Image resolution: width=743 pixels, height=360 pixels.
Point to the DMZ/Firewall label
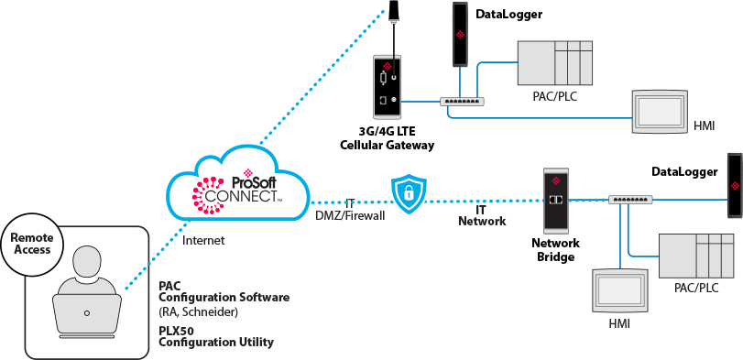pyautogui.click(x=351, y=214)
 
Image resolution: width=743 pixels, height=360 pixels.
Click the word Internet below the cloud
pyautogui.click(x=203, y=241)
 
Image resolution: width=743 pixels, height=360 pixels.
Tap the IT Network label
pyautogui.click(x=481, y=215)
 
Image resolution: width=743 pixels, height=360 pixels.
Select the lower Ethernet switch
pyautogui.click(x=631, y=199)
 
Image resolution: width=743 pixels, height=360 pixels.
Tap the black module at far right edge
pyautogui.click(x=734, y=185)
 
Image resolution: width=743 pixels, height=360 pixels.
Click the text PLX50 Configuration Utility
pyautogui.click(x=216, y=336)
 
